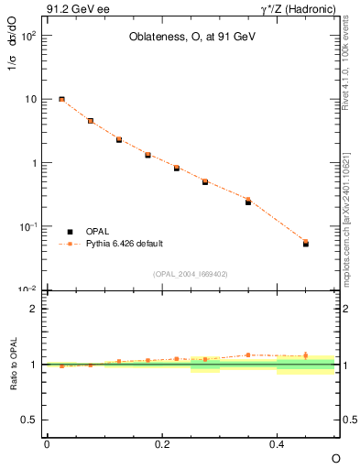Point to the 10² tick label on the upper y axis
pos(28,36)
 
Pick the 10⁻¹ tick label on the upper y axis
pos(28,226)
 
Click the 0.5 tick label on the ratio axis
pos(28,420)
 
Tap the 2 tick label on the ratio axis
pos(33,309)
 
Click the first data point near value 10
pos(61,99)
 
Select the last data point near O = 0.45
pos(306,243)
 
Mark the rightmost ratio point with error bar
pos(306,355)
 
